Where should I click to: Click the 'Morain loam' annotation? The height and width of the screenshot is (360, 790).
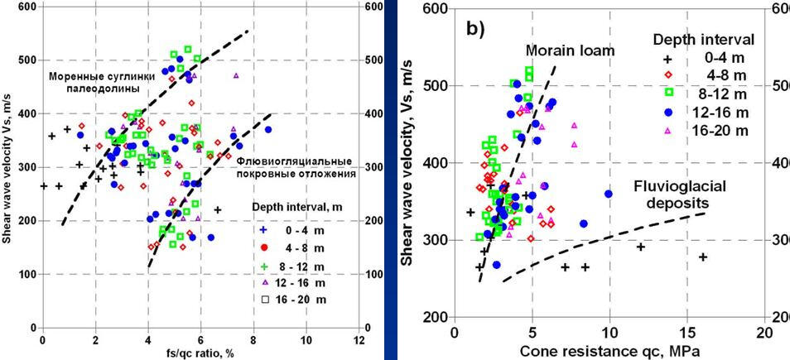pos(571,50)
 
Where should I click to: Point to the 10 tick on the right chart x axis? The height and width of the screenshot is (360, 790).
pos(609,332)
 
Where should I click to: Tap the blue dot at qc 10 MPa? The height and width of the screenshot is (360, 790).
pos(609,194)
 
